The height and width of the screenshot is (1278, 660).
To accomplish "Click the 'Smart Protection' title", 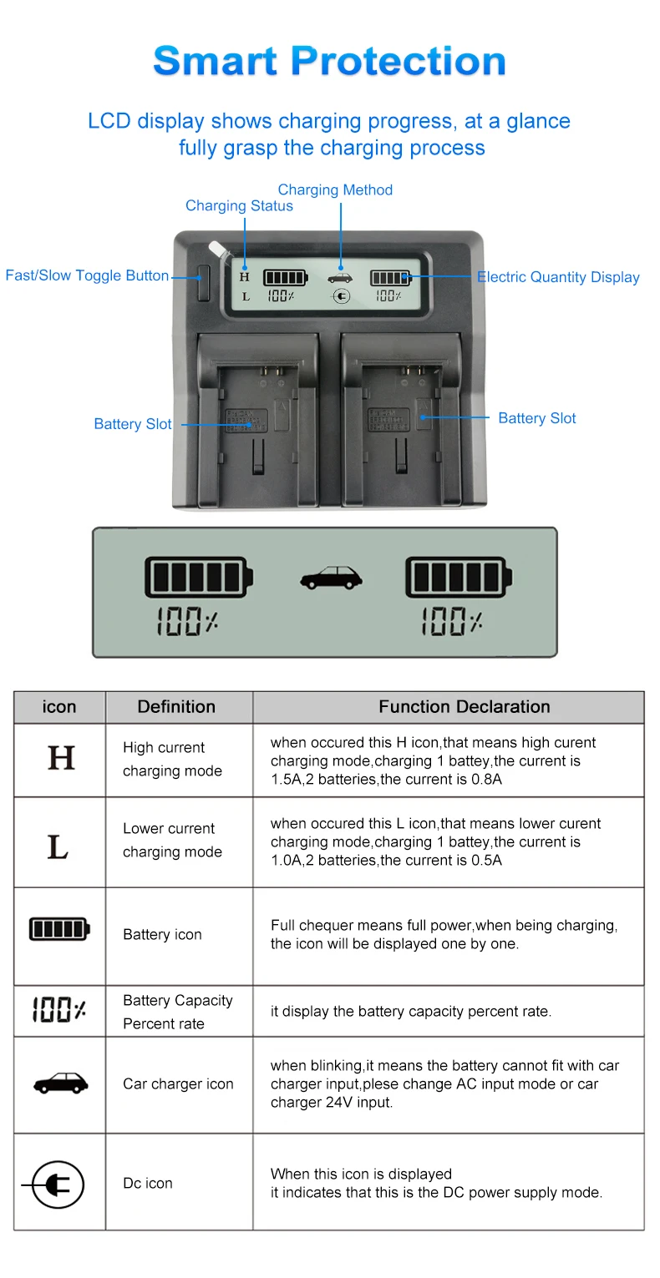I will coord(329,62).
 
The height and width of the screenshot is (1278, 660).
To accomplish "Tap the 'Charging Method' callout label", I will coord(335,190).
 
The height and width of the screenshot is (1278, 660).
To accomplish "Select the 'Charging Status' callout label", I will coord(239,206).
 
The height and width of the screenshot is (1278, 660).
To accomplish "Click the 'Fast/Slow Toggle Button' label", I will coord(87,275).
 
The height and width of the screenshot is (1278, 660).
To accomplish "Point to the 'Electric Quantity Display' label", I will coord(558,277).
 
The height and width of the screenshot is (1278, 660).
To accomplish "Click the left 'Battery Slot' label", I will coord(132,424).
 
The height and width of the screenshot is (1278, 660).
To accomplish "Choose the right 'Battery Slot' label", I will coord(536,418).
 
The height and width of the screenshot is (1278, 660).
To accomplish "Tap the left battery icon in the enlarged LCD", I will coord(198,577).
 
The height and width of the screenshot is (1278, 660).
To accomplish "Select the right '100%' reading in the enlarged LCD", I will coord(452,622).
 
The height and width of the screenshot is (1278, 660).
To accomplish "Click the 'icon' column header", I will coord(58,707).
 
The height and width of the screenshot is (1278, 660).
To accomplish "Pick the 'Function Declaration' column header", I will coord(464,707).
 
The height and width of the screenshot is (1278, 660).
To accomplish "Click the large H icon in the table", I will coord(61,758).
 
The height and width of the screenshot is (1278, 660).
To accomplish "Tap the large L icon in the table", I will coord(58,846).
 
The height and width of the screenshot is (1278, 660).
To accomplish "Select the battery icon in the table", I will coord(59,928).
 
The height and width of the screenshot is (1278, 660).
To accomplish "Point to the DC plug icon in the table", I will coord(53,1184).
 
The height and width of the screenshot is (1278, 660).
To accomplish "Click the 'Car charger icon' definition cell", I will coord(178,1084).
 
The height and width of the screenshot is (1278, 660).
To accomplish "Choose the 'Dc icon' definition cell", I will coord(148,1183).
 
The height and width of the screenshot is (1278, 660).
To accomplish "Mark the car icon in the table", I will coord(60,1084).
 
